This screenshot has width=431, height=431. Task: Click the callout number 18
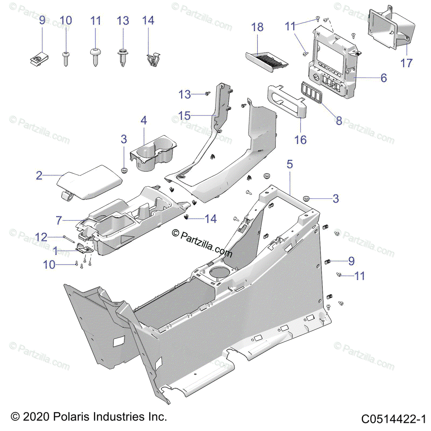(257, 27)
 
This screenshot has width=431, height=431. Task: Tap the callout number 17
(406, 63)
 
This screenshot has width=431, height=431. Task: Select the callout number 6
(384, 78)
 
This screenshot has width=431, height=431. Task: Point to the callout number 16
(300, 140)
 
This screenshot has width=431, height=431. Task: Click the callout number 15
(185, 116)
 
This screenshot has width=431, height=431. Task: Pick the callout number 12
(41, 237)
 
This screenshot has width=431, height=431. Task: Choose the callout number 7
(59, 220)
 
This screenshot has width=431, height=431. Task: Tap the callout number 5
(289, 164)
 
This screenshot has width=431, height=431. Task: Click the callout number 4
(144, 120)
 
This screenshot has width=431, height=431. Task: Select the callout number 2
(39, 176)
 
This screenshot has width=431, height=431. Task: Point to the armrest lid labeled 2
(89, 182)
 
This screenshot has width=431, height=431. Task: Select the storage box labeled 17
(391, 28)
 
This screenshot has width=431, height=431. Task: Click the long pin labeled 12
(69, 239)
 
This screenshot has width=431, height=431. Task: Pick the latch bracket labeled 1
(84, 248)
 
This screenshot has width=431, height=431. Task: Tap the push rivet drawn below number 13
(122, 57)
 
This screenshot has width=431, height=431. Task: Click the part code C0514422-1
(393, 419)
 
